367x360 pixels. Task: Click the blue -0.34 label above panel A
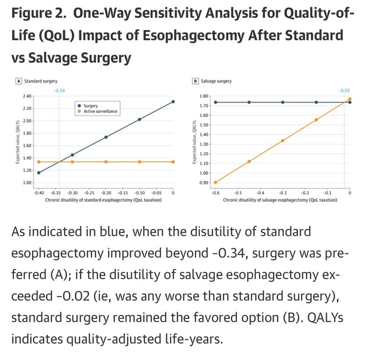click(59, 91)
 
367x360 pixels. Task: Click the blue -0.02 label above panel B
click(344, 91)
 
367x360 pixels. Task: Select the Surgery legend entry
click(88, 106)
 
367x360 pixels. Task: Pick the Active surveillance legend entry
click(98, 111)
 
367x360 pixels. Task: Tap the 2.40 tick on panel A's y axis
click(27, 96)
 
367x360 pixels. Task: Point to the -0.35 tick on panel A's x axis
click(56, 193)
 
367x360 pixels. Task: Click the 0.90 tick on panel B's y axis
click(204, 182)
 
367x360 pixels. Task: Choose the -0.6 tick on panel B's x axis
click(215, 193)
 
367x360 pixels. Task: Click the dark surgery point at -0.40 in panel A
click(39, 173)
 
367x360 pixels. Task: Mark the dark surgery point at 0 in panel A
click(173, 101)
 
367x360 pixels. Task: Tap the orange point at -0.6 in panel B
click(215, 182)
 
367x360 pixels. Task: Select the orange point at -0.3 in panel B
click(283, 141)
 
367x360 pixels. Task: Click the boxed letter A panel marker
click(18, 81)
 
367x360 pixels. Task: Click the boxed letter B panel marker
click(195, 81)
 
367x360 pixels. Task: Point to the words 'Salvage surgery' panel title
click(216, 81)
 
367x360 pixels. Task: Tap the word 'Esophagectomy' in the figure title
click(194, 36)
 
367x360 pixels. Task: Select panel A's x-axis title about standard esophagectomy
click(103, 200)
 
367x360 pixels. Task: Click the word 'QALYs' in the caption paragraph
click(325, 318)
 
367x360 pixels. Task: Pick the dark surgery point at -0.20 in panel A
click(106, 137)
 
